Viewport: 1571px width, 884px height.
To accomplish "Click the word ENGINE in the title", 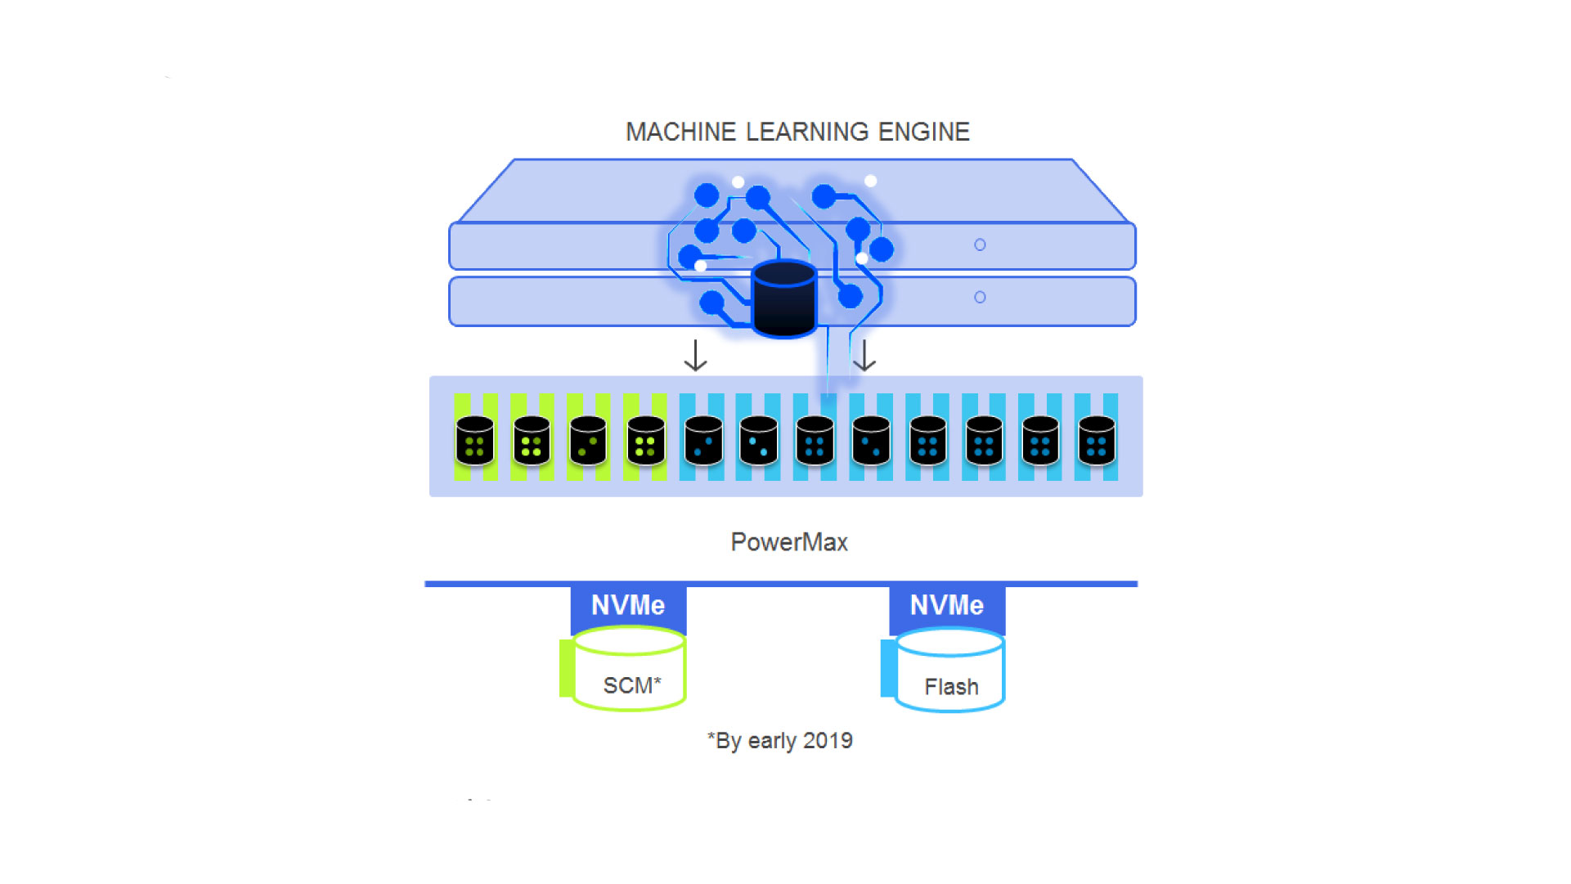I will point(923,132).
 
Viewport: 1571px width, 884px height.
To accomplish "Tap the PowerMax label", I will point(788,542).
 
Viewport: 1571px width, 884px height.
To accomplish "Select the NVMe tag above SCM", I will point(628,605).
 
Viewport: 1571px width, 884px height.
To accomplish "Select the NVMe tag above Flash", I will point(947,605).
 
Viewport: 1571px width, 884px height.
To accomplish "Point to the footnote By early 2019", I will point(780,741).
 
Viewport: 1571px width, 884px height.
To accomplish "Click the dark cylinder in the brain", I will point(783,299).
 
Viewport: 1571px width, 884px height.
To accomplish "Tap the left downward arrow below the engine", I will point(695,356).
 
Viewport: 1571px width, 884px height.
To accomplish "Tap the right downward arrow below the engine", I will point(864,356).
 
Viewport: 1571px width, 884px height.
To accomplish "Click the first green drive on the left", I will point(475,440).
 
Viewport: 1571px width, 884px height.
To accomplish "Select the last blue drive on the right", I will point(1097,440).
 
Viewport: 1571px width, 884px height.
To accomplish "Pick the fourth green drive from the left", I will point(646,440).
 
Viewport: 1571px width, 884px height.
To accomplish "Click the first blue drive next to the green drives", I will point(703,440).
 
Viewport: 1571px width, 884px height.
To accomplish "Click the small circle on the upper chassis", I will point(980,245).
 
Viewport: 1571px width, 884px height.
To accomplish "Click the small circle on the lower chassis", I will point(980,297).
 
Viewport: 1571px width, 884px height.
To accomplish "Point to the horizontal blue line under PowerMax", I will point(781,584).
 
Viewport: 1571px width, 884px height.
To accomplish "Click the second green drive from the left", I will point(532,440).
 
